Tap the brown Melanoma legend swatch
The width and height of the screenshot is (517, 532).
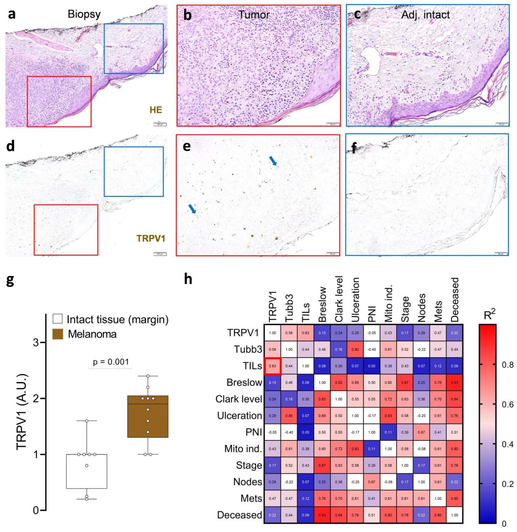[x=58, y=334]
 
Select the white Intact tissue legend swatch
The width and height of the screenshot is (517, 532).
[x=58, y=319]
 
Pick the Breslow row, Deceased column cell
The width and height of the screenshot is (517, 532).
[x=455, y=382]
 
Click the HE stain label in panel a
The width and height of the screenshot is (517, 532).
[x=156, y=110]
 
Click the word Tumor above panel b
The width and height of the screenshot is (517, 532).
[x=254, y=15]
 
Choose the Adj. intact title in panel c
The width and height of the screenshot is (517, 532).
[x=425, y=15]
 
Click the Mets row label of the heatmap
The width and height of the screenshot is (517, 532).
[x=251, y=498]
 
